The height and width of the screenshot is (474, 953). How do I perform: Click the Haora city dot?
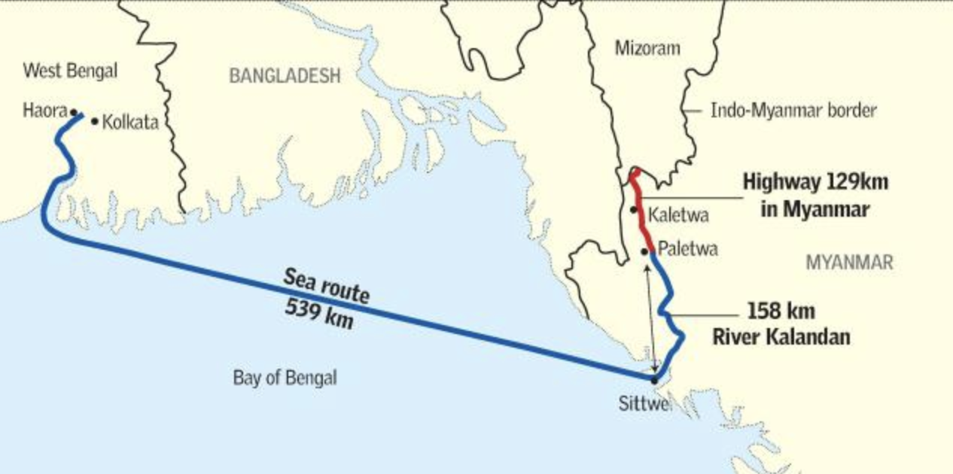coord(74,113)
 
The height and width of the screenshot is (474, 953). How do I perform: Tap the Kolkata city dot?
coord(94,120)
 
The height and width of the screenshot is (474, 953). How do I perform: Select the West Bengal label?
coord(70,71)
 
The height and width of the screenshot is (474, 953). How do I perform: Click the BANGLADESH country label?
coord(285,75)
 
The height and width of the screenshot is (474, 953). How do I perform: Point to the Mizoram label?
coord(647,49)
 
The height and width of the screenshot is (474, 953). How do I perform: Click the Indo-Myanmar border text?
coord(794,111)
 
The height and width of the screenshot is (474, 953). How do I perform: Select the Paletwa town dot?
coord(645,252)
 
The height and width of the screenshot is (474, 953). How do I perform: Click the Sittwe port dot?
coord(654,380)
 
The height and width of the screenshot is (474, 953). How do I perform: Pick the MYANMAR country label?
coord(849,263)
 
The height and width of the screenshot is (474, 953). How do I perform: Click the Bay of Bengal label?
coord(285,378)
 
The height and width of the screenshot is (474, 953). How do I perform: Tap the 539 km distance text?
coord(319,316)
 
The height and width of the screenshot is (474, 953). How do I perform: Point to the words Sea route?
coord(327,286)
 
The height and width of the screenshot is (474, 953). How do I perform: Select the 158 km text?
coord(781,311)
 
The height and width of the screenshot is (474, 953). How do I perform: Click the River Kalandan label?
coord(781,337)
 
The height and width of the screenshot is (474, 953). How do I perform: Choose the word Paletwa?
coord(687,249)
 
